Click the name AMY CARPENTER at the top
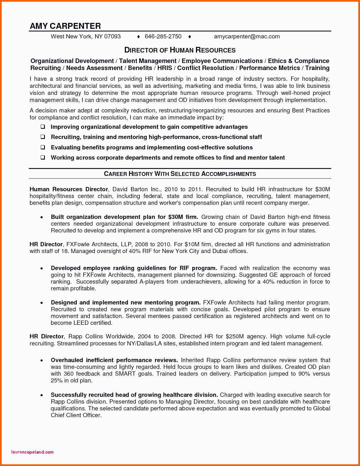65,26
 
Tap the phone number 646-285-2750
163,36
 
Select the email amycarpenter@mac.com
247,36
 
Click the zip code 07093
112,36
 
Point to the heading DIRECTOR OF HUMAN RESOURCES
180,50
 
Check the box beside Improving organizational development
43,127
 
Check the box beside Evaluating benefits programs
43,147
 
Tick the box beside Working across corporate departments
43,158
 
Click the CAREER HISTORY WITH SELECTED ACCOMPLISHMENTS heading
180,174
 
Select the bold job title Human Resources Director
69,189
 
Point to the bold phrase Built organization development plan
103,217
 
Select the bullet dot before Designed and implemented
42,303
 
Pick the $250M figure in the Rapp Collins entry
235,336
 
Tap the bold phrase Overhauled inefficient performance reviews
114,360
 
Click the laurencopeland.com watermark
32,452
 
